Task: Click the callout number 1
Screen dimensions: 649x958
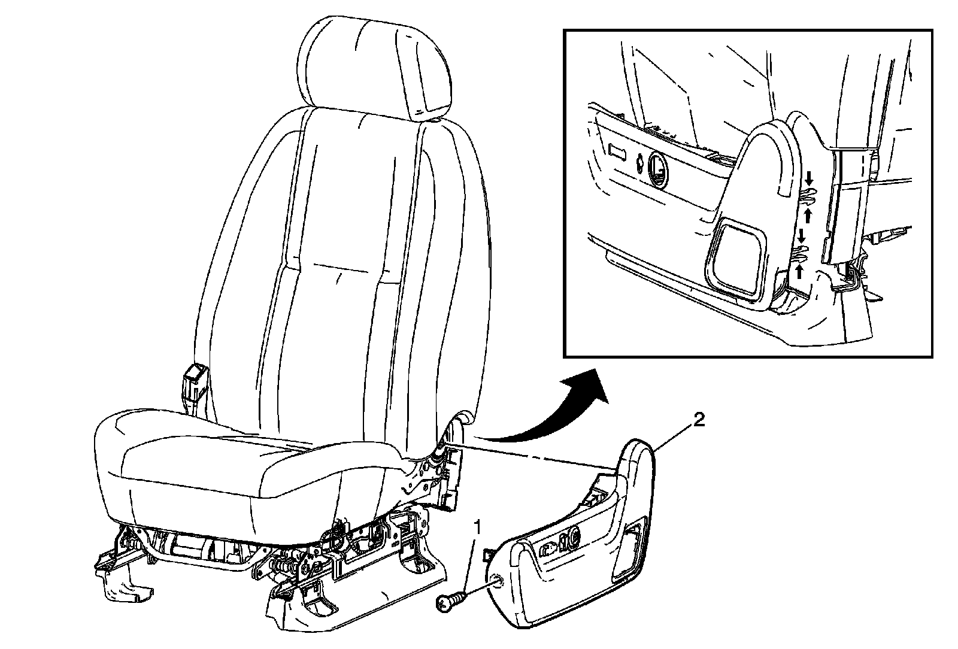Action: tap(477, 527)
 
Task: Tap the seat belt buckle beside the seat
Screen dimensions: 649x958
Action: tap(194, 381)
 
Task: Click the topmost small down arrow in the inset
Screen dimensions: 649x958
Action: tap(808, 177)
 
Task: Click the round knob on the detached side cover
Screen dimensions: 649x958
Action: tap(571, 538)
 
